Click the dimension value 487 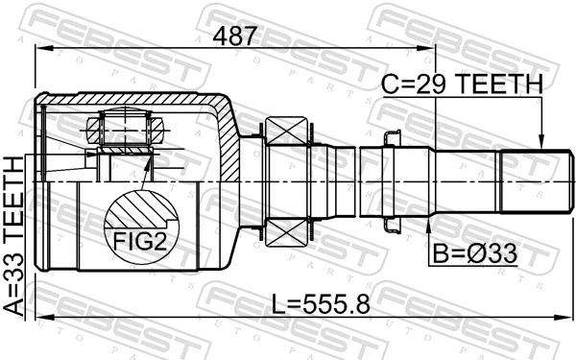pyautogui.click(x=235, y=37)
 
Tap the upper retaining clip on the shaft pyautogui.click(x=392, y=138)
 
